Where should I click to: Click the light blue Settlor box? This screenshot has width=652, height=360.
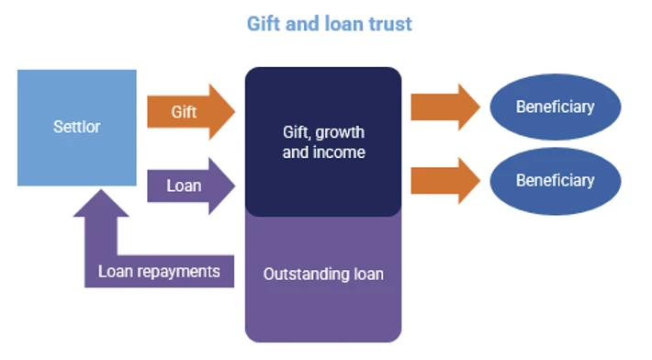coord(77,128)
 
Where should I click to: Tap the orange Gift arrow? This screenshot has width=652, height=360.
coord(191,112)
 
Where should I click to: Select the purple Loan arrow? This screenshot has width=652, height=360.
coord(191,186)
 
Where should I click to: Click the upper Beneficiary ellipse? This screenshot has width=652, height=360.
coord(556,107)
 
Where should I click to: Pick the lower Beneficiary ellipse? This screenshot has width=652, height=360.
coord(556,181)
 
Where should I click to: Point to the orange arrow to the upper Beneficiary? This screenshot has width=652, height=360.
coord(445,107)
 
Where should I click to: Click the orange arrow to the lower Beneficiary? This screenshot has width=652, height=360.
coord(445,181)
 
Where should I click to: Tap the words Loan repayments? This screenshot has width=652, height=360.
coord(159,272)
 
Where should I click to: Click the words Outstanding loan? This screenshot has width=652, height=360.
coord(323,275)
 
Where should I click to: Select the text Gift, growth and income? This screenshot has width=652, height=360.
coord(323,142)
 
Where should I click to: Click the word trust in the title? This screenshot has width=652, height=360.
coord(390,24)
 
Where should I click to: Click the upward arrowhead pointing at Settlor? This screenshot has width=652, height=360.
coord(101,203)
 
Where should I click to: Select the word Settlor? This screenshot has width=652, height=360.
coord(77,127)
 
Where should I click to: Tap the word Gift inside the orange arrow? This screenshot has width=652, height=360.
coord(184,112)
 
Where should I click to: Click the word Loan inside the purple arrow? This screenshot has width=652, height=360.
coord(184,186)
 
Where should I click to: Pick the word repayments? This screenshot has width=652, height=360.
coord(178,272)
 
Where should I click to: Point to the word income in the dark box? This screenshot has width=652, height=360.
coord(339,152)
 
